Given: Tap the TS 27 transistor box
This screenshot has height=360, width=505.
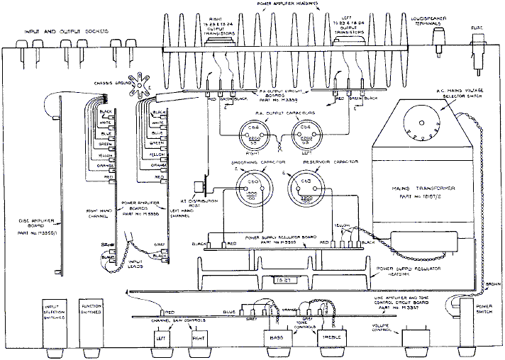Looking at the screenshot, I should [x=284, y=281].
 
